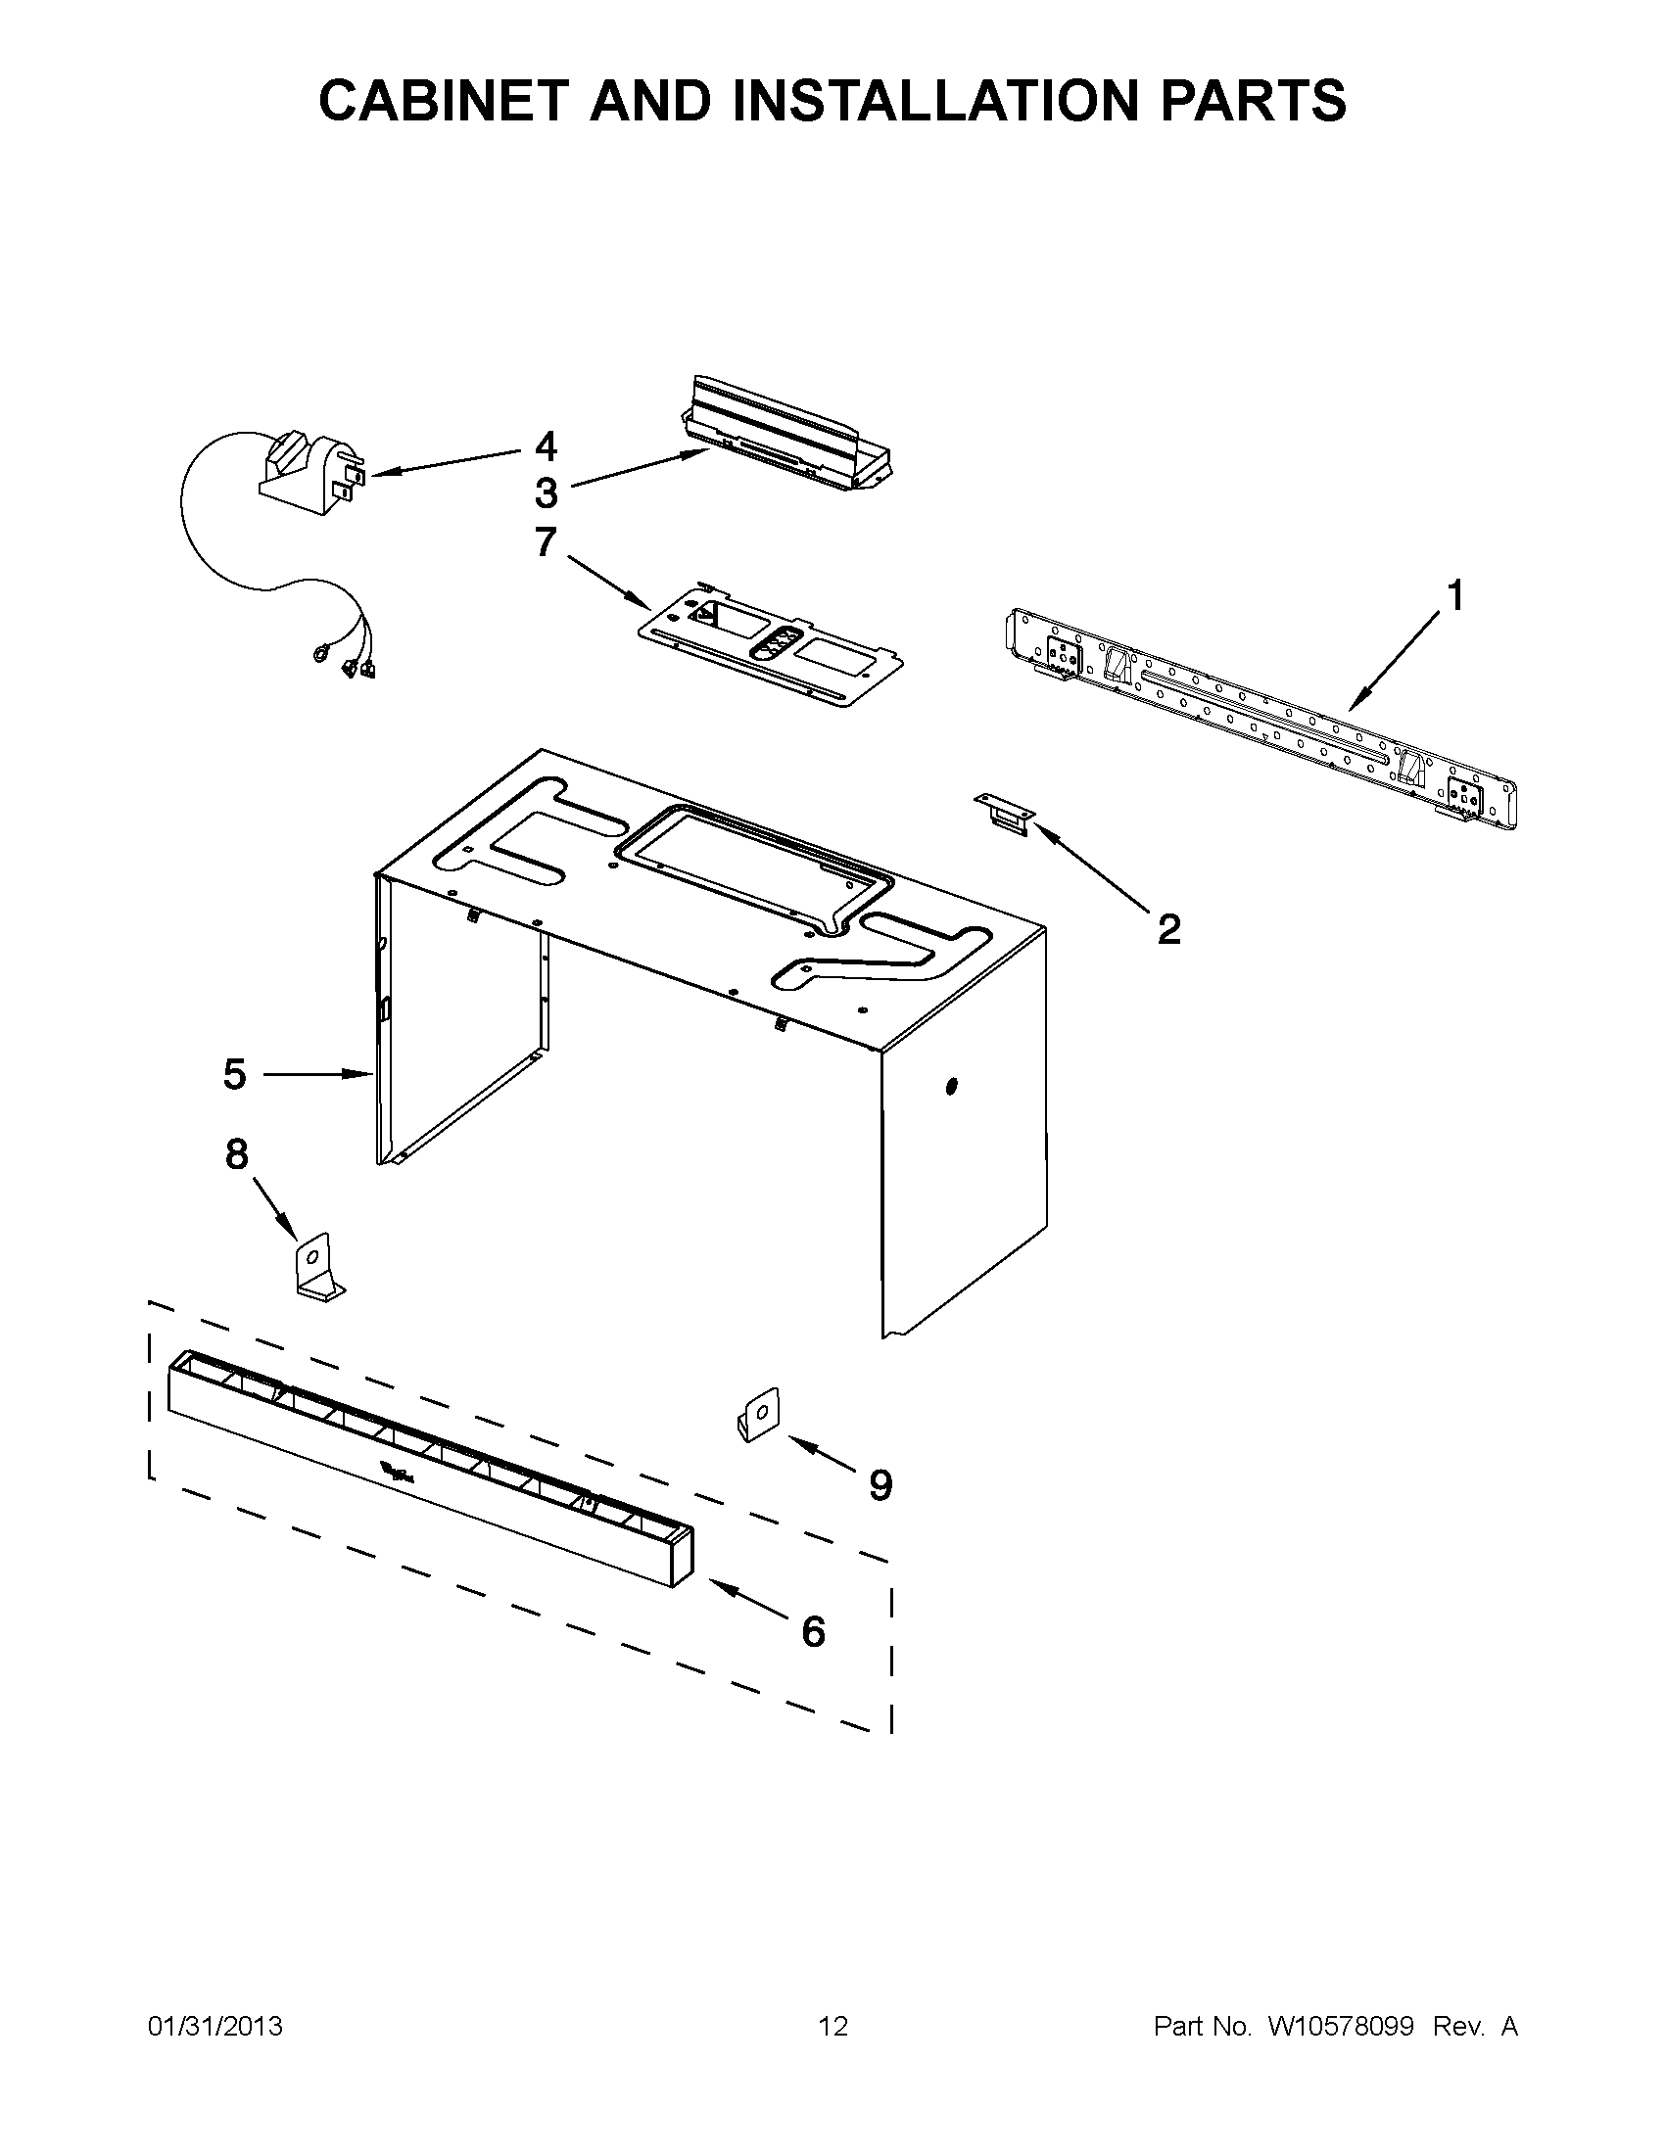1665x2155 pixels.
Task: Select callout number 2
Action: (1168, 928)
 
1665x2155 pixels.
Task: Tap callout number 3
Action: (546, 492)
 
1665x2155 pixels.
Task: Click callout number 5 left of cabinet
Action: (234, 1073)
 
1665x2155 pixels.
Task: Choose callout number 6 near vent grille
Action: (812, 1631)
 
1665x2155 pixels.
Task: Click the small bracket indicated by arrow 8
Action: (317, 1267)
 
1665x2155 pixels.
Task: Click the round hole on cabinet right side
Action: (952, 1088)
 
